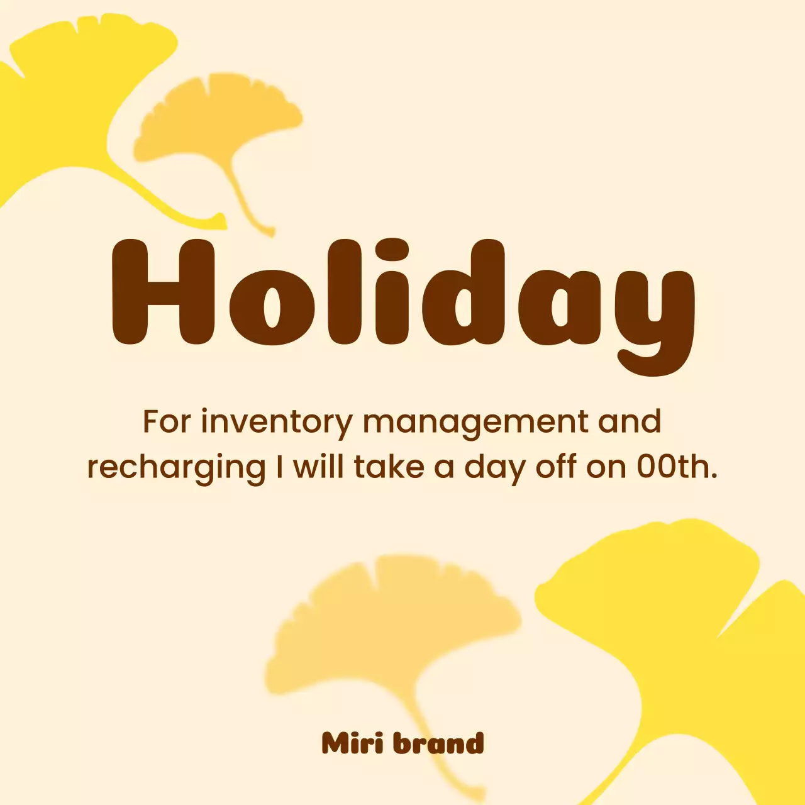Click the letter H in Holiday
tap(163, 292)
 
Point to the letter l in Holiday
tap(345, 292)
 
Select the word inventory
tap(277, 423)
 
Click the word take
tap(389, 467)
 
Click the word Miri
tap(352, 743)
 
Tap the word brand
tap(438, 743)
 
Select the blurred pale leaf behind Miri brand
tap(390, 623)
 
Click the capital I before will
tap(279, 467)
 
